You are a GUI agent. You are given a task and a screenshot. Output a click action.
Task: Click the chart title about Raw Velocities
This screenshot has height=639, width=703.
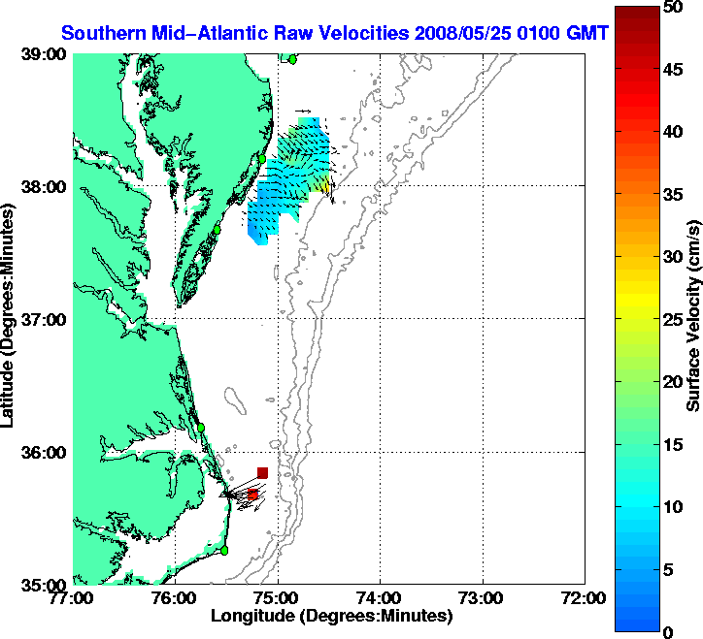[335, 33]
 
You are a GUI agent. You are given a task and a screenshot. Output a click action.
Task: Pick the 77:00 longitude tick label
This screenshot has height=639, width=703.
[74, 598]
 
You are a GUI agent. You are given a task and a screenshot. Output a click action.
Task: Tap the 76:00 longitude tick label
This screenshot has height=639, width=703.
[176, 598]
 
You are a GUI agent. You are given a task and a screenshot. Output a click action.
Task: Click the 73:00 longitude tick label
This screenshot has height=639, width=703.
[483, 598]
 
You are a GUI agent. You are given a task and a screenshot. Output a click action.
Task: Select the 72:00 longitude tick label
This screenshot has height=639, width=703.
[585, 598]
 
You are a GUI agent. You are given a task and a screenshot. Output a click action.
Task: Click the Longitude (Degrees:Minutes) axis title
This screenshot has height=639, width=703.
[330, 616]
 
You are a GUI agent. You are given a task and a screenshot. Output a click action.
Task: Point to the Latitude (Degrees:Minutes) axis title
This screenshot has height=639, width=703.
[12, 319]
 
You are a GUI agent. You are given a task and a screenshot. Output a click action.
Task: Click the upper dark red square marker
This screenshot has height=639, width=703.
[262, 472]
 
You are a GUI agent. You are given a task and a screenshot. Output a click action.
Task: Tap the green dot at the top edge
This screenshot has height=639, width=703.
[291, 59]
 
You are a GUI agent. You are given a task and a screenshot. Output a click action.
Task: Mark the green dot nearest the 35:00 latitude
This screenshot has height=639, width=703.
[224, 550]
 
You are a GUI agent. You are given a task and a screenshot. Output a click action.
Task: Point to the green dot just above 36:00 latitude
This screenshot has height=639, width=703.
[201, 427]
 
